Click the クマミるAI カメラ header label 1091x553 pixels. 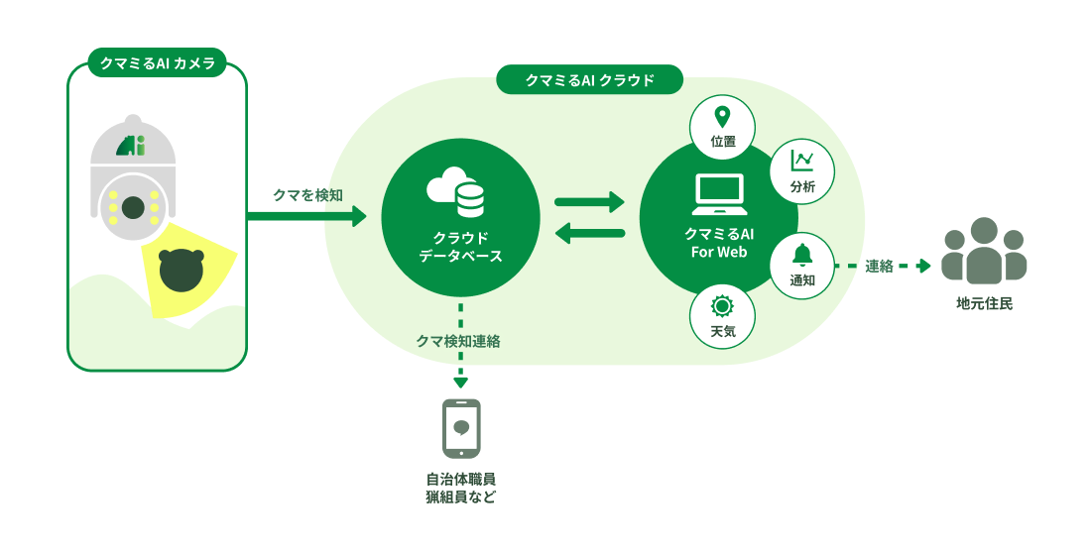point(158,63)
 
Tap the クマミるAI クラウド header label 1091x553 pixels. point(589,80)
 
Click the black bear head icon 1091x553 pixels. point(181,271)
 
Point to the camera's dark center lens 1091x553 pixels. point(133,207)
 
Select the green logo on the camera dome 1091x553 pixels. point(131,145)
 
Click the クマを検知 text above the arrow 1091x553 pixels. point(307,195)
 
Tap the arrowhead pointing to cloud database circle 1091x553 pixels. point(359,216)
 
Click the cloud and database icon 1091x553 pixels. point(456,191)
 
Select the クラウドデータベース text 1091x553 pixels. point(460,247)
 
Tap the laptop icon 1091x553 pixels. point(719,194)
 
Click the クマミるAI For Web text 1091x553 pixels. point(719,243)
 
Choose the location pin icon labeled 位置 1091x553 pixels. point(722,117)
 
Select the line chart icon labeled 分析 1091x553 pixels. point(801,160)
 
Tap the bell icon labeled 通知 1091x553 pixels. point(801,256)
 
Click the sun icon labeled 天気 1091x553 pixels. point(722,307)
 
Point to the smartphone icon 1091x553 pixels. point(461,428)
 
